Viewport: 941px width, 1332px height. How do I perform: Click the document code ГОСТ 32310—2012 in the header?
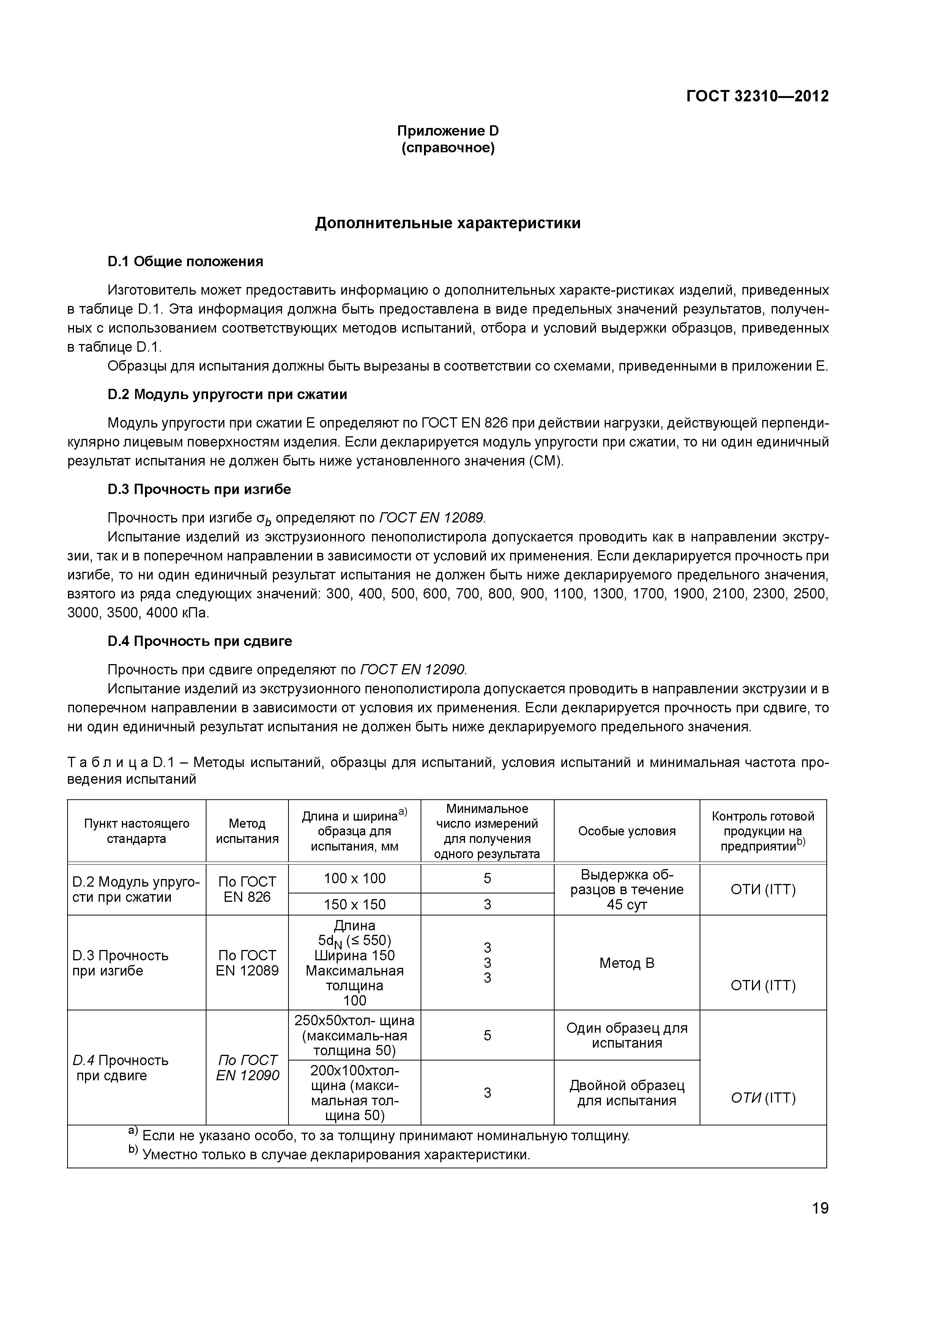coord(757,96)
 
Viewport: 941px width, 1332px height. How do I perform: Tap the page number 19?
coord(820,1209)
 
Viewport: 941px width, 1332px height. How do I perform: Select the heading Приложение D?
coord(448,131)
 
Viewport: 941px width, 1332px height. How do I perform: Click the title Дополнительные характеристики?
coord(448,223)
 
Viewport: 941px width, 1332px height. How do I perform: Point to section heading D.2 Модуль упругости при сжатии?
coord(227,395)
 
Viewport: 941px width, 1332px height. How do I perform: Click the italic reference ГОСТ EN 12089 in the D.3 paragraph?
coord(431,518)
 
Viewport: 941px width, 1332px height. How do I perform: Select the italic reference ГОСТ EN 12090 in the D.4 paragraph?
coord(412,670)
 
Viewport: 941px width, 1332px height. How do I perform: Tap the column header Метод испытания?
coord(247,831)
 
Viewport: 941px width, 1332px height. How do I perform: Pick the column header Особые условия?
coord(627,831)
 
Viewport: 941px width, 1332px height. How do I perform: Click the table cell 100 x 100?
coord(354,878)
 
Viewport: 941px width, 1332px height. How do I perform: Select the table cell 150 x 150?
coord(354,904)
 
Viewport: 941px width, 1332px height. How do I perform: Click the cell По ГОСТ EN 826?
coord(247,889)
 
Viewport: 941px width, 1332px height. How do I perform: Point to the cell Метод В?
coord(627,963)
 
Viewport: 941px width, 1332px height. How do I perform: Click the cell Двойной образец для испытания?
coord(627,1093)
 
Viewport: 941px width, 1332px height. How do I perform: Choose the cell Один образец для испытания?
coord(627,1035)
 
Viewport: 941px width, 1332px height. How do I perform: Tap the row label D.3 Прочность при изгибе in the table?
coord(121,963)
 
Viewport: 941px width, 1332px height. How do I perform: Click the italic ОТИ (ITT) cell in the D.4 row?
coord(763,1098)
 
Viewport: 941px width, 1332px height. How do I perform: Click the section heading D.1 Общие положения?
coord(186,262)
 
